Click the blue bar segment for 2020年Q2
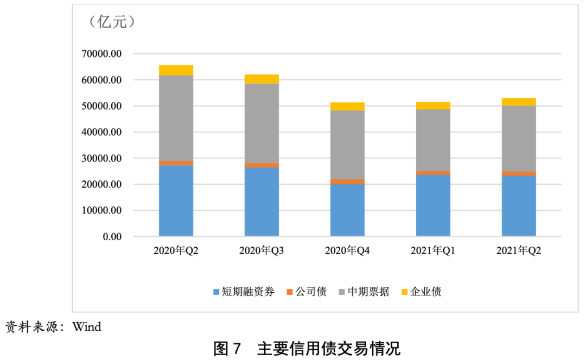(x=176, y=201)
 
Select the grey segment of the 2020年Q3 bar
(x=262, y=124)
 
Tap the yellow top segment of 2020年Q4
(x=347, y=106)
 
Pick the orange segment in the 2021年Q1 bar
(x=433, y=173)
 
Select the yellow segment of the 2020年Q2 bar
(x=176, y=70)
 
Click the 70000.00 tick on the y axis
(x=101, y=54)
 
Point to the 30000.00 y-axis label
(x=101, y=158)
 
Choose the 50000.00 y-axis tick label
(x=101, y=106)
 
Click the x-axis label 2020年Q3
(x=262, y=251)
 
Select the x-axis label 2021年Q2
(x=519, y=251)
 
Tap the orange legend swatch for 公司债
(x=290, y=292)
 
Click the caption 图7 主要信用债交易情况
(x=307, y=348)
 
